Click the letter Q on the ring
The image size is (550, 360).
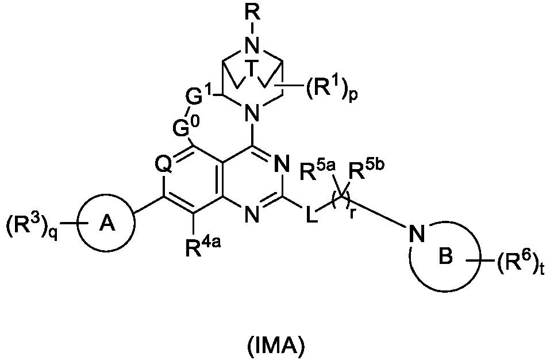click(164, 164)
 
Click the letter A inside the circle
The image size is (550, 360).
click(107, 223)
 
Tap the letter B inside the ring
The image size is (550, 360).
click(446, 257)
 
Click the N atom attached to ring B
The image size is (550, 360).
click(417, 233)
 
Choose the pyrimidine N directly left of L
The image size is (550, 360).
click(252, 213)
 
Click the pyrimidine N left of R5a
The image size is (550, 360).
click(282, 164)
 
